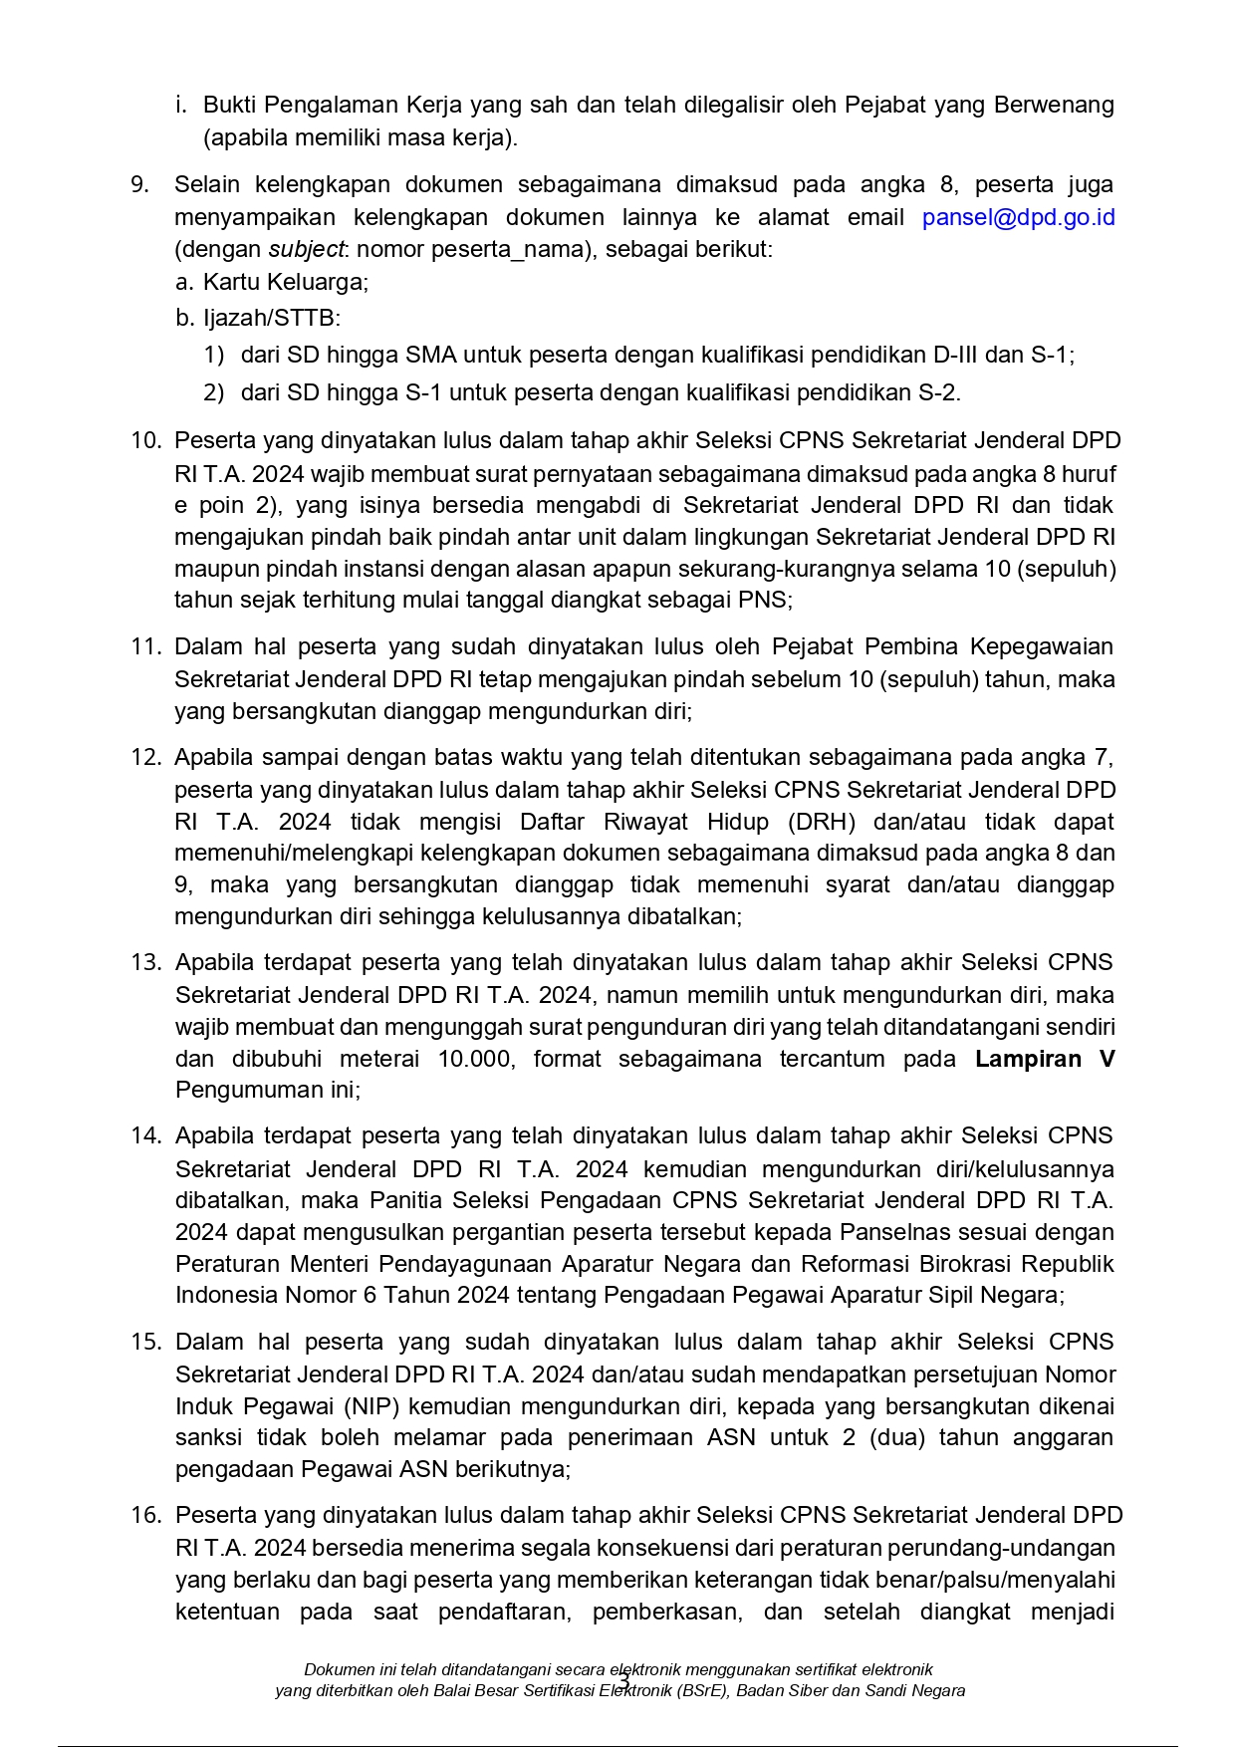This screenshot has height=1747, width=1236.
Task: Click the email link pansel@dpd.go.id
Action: point(1018,217)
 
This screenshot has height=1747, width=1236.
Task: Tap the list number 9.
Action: point(140,185)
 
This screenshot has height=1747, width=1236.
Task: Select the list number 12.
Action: point(145,758)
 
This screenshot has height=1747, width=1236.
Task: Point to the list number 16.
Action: point(145,1516)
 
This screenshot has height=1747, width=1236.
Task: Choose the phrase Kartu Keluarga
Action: point(285,282)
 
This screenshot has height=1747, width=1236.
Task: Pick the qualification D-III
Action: point(957,355)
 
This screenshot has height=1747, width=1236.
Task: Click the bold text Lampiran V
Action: point(1045,1059)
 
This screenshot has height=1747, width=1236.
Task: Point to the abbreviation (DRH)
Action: point(822,822)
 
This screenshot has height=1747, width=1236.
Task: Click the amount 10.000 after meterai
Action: point(474,1059)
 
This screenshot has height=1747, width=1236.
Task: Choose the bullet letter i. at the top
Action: point(180,105)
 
